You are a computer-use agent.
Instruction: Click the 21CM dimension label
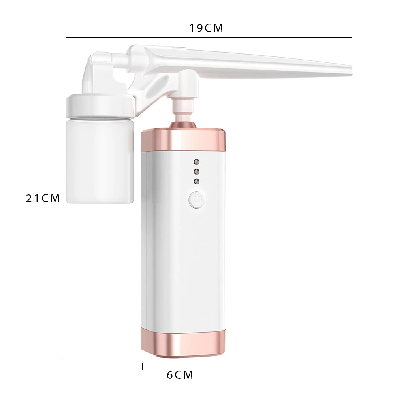pos(43,198)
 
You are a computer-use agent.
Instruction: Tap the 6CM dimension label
pos(180,375)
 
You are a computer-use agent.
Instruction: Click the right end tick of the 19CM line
pos(352,38)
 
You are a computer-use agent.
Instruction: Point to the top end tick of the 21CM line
pos(60,44)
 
